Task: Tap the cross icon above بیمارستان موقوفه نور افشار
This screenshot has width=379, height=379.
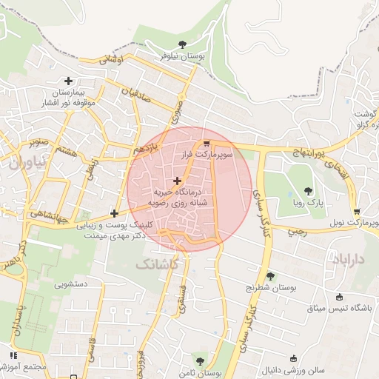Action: (69, 81)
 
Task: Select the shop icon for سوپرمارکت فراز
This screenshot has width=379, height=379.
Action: (206, 144)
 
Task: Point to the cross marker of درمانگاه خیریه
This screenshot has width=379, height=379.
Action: (177, 181)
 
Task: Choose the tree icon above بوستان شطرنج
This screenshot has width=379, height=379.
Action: (270, 276)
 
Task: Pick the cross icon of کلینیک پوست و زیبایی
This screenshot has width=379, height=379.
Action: (114, 213)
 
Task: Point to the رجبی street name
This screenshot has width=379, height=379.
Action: (297, 232)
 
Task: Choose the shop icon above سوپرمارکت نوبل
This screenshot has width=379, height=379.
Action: (357, 211)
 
